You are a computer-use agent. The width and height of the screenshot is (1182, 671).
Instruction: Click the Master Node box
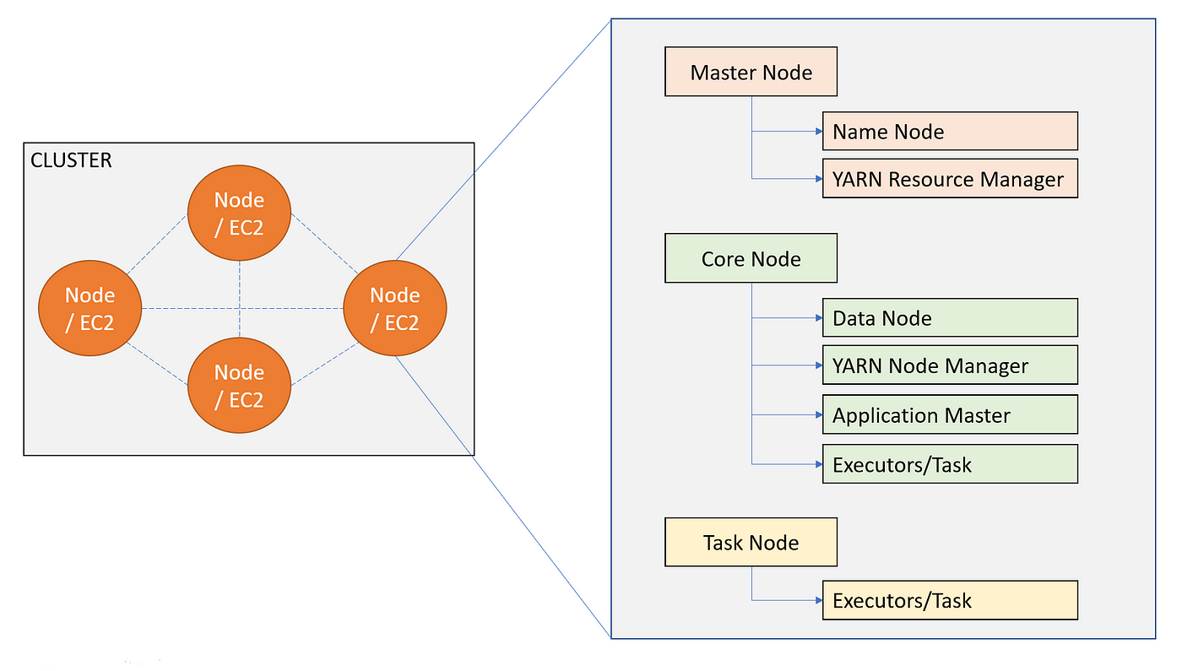[751, 72]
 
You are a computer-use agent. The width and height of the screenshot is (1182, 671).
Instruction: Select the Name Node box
[950, 131]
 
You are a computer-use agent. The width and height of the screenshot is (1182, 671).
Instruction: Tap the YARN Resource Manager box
[950, 178]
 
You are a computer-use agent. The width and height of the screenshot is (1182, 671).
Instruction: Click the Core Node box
[751, 258]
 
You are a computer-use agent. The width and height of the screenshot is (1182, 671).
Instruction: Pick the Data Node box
[950, 317]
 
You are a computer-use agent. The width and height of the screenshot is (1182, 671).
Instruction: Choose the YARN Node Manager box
[950, 365]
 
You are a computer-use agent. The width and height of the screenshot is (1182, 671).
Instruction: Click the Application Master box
[950, 414]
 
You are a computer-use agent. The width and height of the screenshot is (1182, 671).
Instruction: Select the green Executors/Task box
[950, 464]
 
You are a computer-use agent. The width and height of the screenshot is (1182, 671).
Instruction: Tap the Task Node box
[751, 542]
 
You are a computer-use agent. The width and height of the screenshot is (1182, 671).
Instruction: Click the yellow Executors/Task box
[950, 600]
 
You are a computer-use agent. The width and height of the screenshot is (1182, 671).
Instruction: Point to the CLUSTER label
[71, 160]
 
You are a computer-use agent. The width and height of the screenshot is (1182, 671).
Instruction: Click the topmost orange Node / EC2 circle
[239, 213]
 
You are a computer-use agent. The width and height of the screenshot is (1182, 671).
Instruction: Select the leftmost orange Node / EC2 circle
[89, 308]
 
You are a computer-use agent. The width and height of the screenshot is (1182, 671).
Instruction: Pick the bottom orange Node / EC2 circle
[239, 385]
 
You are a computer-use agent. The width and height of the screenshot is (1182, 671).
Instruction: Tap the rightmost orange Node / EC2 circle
[395, 308]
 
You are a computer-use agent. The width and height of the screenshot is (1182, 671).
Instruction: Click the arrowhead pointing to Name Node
[819, 131]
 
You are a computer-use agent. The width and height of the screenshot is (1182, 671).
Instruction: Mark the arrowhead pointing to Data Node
[819, 317]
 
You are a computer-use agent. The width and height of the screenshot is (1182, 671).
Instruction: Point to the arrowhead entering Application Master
[819, 414]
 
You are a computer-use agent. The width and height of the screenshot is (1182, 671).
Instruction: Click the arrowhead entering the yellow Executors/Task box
[819, 600]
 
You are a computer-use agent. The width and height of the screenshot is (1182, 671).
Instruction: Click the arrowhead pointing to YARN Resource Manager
[819, 179]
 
